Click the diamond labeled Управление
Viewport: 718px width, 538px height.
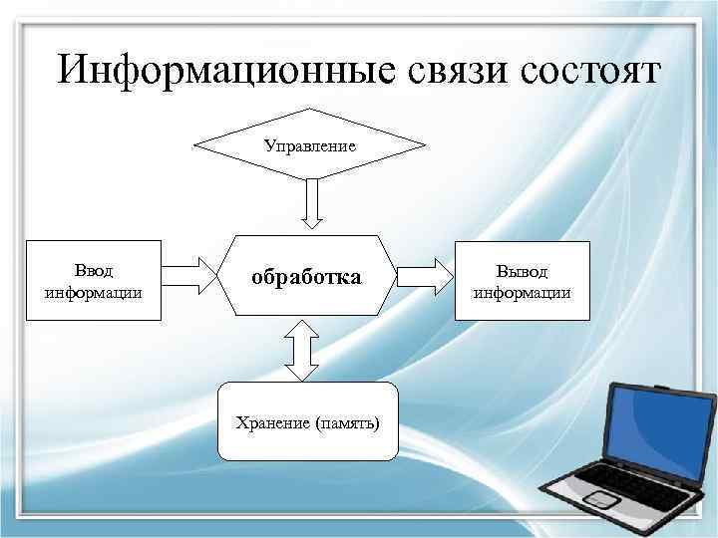pos(309,144)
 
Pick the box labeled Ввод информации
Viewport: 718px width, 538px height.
pos(93,280)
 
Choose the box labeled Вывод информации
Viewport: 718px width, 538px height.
pos(522,280)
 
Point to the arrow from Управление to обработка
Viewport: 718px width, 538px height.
pos(309,203)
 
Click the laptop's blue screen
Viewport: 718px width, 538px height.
pos(661,426)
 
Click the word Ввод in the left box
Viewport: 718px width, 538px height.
pos(93,270)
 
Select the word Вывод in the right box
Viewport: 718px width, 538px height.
pos(522,271)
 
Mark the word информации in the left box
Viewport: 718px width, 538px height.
pos(93,292)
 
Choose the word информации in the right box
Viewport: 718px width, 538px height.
pos(522,292)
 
